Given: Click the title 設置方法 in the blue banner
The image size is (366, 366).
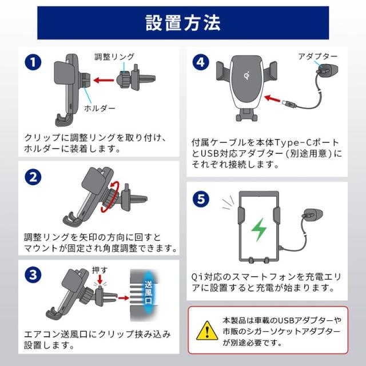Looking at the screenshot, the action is tap(183, 23).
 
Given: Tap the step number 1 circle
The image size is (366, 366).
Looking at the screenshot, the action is tap(33, 62).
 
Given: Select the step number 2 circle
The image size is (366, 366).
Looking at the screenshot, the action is tap(33, 177).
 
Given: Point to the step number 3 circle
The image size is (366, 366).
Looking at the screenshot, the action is tap(33, 274).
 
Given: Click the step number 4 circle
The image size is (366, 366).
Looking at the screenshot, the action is tap(201, 62).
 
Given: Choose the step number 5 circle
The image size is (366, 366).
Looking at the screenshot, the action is tap(201, 199).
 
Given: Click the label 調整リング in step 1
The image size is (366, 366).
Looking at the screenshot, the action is tap(114, 57).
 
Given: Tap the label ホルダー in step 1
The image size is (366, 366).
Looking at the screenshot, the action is tap(100, 108).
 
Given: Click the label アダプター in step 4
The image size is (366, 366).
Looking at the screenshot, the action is tap(318, 56).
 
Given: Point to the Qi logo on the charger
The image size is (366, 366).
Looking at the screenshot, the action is tap(247, 75).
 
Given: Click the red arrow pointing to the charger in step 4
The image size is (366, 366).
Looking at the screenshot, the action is tap(272, 98).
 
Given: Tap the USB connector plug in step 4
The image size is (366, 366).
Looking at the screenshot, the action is tap(289, 104).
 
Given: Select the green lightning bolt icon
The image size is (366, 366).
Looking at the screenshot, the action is tap(258, 230).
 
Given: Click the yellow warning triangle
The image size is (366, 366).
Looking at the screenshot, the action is tap(207, 331).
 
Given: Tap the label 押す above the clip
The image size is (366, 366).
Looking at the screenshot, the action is tap(100, 270).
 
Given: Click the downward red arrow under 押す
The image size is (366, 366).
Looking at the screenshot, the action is tap(100, 280).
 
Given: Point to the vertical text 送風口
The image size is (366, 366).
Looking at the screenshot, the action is tap(149, 292).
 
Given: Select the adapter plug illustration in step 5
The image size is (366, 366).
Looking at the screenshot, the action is tap(313, 215).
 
